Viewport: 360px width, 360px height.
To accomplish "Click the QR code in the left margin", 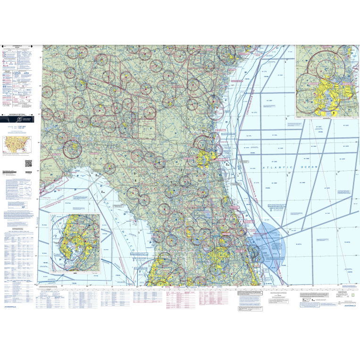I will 28,164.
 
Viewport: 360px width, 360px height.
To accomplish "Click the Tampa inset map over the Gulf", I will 75,243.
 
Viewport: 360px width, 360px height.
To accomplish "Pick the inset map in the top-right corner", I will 326,81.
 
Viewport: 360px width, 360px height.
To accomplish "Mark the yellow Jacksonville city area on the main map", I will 206,158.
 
